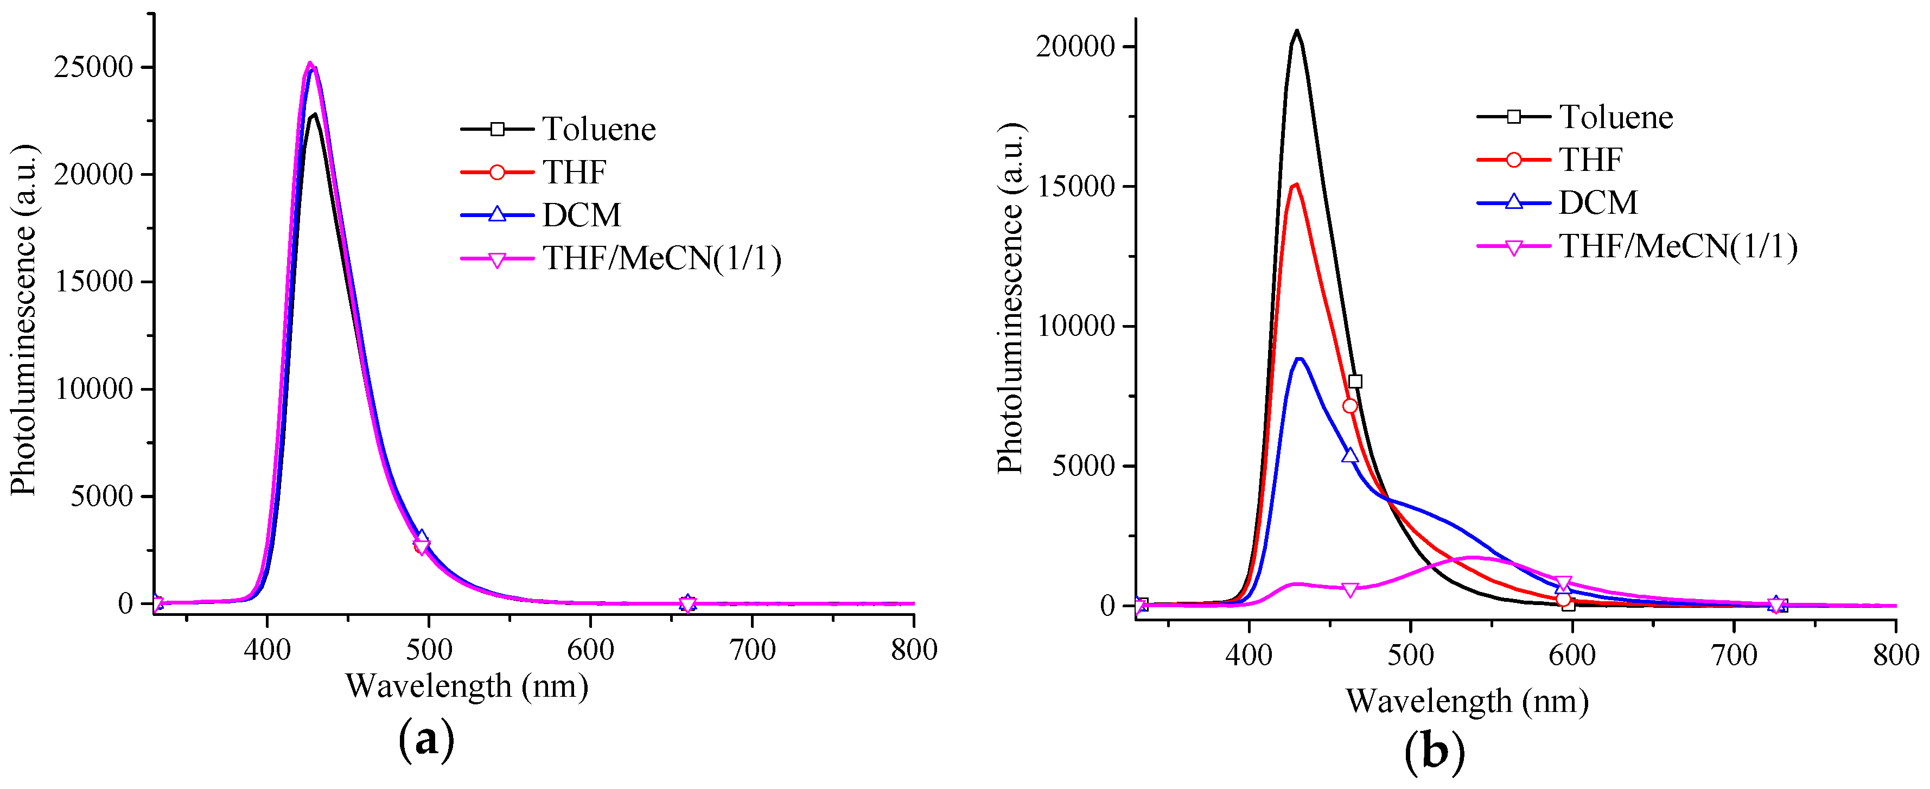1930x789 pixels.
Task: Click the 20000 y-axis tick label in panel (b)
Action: [1075, 47]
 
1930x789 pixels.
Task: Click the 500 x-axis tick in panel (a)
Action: [429, 649]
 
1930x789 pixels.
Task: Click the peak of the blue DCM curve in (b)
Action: [1299, 358]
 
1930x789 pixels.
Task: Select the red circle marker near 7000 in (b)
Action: [1350, 406]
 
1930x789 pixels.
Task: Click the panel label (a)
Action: [426, 739]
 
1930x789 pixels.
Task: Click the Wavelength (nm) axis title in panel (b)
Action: [1466, 701]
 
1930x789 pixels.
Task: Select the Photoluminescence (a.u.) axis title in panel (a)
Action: [24, 320]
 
